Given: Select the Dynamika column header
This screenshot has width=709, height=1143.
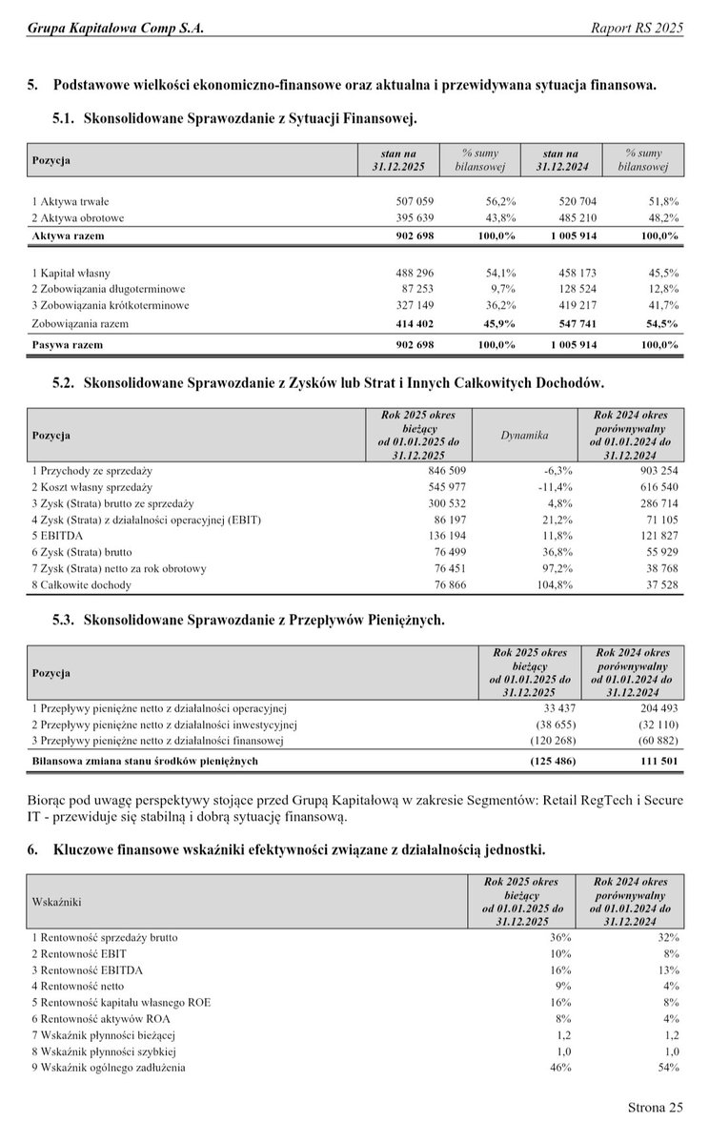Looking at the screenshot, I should point(524,435).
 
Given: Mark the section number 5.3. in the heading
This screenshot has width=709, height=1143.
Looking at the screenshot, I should point(64,620).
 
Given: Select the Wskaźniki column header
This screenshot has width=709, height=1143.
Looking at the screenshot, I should point(56,899).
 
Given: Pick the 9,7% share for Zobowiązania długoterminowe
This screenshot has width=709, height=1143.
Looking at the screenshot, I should point(503,288).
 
